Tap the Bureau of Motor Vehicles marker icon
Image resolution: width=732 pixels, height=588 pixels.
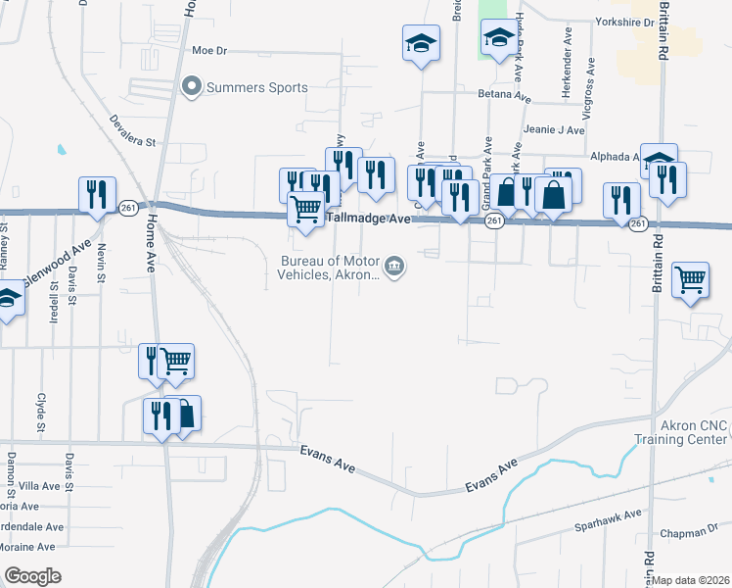[x=394, y=266]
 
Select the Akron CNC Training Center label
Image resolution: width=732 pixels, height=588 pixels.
[x=694, y=432]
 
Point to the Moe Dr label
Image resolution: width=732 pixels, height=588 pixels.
[x=209, y=49]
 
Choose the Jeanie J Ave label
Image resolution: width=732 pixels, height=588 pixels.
[x=554, y=129]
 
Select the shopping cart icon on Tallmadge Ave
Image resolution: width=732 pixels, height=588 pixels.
[x=306, y=208]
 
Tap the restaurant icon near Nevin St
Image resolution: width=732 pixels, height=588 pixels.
[x=97, y=193]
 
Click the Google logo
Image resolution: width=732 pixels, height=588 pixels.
[x=32, y=575]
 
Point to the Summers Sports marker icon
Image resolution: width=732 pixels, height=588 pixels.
[x=191, y=87]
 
